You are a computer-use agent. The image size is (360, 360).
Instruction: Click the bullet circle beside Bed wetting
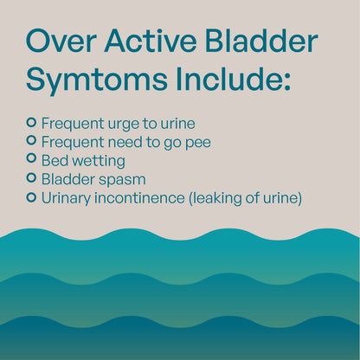(32, 158)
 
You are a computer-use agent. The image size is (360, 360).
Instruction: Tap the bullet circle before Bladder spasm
(32, 178)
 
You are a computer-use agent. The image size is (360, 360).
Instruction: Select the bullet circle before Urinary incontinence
(32, 197)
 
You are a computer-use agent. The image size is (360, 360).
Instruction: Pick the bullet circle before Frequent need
(32, 139)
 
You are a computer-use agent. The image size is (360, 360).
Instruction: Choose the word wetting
(99, 160)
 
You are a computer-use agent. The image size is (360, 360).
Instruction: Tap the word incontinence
(139, 198)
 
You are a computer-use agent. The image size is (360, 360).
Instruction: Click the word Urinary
(67, 198)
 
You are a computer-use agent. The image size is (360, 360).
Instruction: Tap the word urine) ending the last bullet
(283, 198)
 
